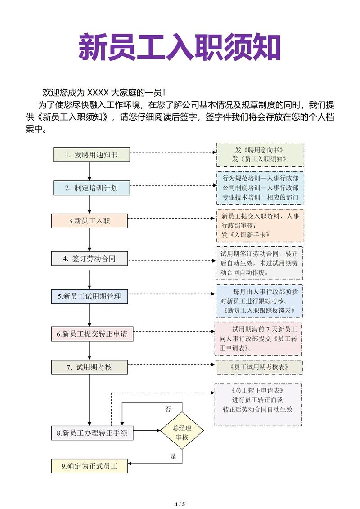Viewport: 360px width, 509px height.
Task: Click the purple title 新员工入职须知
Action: [x=180, y=47]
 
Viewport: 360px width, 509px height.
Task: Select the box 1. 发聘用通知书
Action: [x=91, y=155]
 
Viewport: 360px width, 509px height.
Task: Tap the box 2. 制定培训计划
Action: [x=91, y=188]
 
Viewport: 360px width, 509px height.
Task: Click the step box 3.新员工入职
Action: [x=89, y=221]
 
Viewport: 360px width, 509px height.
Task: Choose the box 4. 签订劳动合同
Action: [x=89, y=259]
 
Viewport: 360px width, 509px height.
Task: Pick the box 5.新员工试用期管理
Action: [x=92, y=296]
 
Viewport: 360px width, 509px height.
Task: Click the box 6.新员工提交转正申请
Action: [x=92, y=334]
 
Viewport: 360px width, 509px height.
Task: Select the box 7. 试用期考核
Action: [x=89, y=367]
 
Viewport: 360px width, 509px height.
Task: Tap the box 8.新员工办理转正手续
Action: [x=92, y=433]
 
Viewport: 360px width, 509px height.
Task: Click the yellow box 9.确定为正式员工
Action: [x=89, y=466]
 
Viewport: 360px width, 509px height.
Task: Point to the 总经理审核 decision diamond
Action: [x=182, y=430]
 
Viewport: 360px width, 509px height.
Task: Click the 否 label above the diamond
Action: [x=168, y=409]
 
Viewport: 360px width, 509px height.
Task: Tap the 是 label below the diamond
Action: [x=174, y=456]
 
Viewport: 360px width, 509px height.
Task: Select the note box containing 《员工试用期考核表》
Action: [x=259, y=367]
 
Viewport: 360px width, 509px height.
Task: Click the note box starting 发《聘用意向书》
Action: [x=260, y=154]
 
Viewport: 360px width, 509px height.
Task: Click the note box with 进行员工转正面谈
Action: [x=258, y=404]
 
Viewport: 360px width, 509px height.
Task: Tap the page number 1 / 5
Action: [x=180, y=504]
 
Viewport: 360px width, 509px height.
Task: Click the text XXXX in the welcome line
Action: [x=98, y=93]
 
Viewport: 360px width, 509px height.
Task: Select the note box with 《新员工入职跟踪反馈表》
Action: [x=259, y=300]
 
